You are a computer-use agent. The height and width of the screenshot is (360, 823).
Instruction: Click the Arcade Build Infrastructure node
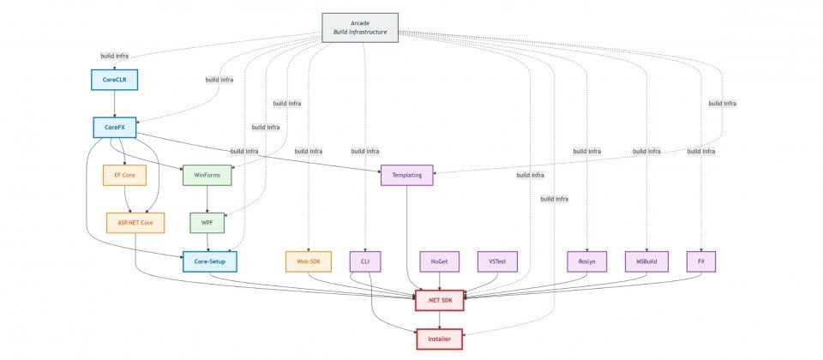tap(360, 27)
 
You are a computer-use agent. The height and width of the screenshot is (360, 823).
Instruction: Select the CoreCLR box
tap(115, 80)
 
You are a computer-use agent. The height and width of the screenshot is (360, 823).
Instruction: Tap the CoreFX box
tap(115, 128)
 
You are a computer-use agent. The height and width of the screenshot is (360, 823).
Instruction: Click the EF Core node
tap(124, 175)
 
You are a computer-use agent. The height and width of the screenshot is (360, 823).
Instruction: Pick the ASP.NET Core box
tap(135, 223)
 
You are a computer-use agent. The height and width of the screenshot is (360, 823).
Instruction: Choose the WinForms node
tap(207, 175)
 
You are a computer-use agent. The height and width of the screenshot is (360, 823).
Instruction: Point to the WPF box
tap(207, 223)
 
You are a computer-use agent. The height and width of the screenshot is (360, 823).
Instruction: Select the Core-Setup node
tap(209, 261)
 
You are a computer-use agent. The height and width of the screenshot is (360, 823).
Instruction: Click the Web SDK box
tap(309, 261)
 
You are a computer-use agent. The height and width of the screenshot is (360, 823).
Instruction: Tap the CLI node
tap(365, 261)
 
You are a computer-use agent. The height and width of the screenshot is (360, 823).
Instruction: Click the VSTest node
tap(497, 261)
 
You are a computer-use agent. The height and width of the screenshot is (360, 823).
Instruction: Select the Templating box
tap(406, 175)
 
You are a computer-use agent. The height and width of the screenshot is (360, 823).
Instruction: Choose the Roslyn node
tap(587, 261)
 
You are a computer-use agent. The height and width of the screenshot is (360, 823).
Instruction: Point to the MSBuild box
tap(647, 261)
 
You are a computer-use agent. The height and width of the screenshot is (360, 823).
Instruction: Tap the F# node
tap(701, 261)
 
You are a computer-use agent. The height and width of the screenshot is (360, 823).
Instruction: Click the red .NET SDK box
tap(440, 301)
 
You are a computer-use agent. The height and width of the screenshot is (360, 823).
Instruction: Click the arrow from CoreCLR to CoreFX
tap(115, 104)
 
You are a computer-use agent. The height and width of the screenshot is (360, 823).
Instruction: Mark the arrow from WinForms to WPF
tap(207, 199)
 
